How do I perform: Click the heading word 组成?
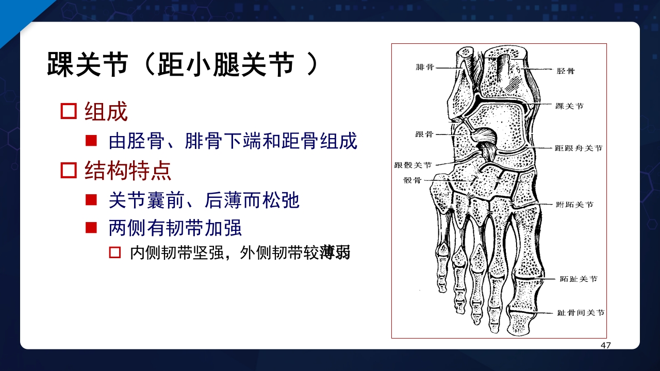point(106,112)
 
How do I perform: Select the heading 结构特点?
point(128,171)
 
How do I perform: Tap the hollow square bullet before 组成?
point(69,111)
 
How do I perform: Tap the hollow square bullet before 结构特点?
point(69,170)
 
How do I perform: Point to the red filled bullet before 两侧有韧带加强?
point(91,227)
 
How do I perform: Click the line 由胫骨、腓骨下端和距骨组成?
point(233,141)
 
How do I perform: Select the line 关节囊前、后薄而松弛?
point(204,200)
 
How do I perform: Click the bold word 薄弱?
point(335,253)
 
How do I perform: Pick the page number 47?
point(605,345)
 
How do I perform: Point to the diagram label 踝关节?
point(569,106)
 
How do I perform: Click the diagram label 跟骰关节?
point(412,165)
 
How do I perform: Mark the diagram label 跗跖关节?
point(574,205)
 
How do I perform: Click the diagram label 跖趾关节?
point(578,279)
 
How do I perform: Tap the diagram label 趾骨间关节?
point(580,313)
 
